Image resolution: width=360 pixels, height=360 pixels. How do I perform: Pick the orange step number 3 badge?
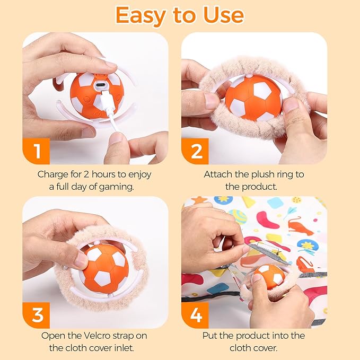point(37,315)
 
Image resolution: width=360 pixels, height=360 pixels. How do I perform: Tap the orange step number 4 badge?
point(196,315)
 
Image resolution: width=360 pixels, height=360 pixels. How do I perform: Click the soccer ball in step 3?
point(104,265)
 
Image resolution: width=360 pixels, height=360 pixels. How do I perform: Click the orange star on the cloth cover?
point(200,201)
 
